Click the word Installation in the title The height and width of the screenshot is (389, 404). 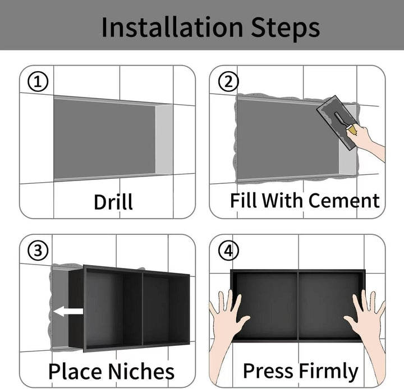pyautogui.click(x=172, y=27)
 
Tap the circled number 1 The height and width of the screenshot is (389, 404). pyautogui.click(x=38, y=82)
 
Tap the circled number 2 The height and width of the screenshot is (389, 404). pyautogui.click(x=228, y=82)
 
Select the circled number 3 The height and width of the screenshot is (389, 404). pyautogui.click(x=38, y=250)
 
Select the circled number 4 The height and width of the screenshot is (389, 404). pyautogui.click(x=228, y=250)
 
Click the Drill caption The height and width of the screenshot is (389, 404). pyautogui.click(x=113, y=202)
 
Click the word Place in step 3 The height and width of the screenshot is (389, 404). pyautogui.click(x=75, y=371)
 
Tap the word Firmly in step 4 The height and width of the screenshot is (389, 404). pyautogui.click(x=329, y=371)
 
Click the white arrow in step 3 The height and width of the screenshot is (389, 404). pyautogui.click(x=68, y=312)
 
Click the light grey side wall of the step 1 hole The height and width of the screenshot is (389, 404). pyautogui.click(x=164, y=139)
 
